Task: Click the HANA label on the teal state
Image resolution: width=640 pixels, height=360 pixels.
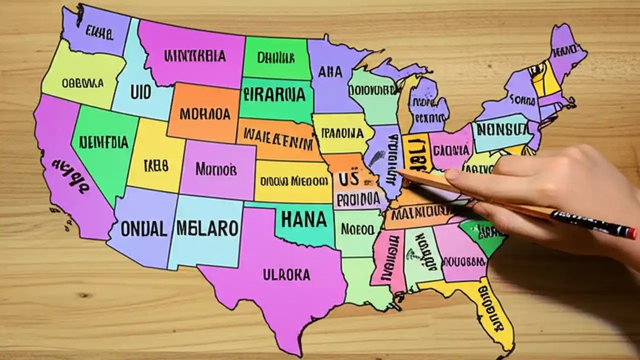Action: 304,219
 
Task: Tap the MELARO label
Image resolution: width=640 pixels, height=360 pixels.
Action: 207,228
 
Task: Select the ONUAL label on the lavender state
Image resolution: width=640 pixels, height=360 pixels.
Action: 143,229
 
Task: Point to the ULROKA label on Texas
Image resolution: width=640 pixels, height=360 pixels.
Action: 286,274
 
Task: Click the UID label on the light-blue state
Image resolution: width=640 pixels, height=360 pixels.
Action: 140,92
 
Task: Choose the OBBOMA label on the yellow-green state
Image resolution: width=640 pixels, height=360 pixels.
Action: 83,83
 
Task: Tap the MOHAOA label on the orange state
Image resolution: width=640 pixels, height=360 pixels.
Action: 205,114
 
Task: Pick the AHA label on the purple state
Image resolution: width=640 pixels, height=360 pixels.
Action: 330,72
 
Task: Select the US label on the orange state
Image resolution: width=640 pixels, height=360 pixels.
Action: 348,178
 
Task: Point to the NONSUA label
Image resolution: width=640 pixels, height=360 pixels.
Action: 501,129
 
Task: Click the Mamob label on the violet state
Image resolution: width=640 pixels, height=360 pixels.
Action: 216,168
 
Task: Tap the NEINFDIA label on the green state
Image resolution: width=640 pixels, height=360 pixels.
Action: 104,142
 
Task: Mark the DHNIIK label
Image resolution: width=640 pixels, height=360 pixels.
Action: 275,57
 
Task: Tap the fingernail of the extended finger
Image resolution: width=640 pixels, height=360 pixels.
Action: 452,175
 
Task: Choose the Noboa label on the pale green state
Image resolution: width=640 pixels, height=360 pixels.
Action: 357,229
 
